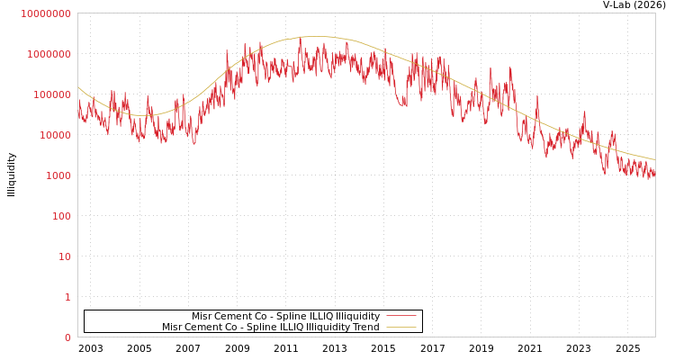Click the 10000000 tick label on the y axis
[x=45, y=13]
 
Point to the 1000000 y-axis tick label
[x=49, y=54]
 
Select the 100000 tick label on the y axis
[x=51, y=94]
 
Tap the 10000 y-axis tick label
[x=54, y=135]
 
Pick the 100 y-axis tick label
[x=60, y=216]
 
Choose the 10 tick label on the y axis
[x=64, y=256]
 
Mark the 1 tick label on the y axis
[x=67, y=297]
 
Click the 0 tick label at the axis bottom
[x=67, y=337]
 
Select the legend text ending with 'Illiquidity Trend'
[x=271, y=328]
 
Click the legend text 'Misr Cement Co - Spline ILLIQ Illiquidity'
[x=285, y=317]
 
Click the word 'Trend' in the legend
[x=366, y=328]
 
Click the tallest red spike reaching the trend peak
[x=301, y=39]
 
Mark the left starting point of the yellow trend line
[x=78, y=87]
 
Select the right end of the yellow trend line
[x=654, y=159]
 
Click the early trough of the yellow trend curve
[x=144, y=115]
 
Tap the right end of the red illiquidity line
[x=654, y=175]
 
